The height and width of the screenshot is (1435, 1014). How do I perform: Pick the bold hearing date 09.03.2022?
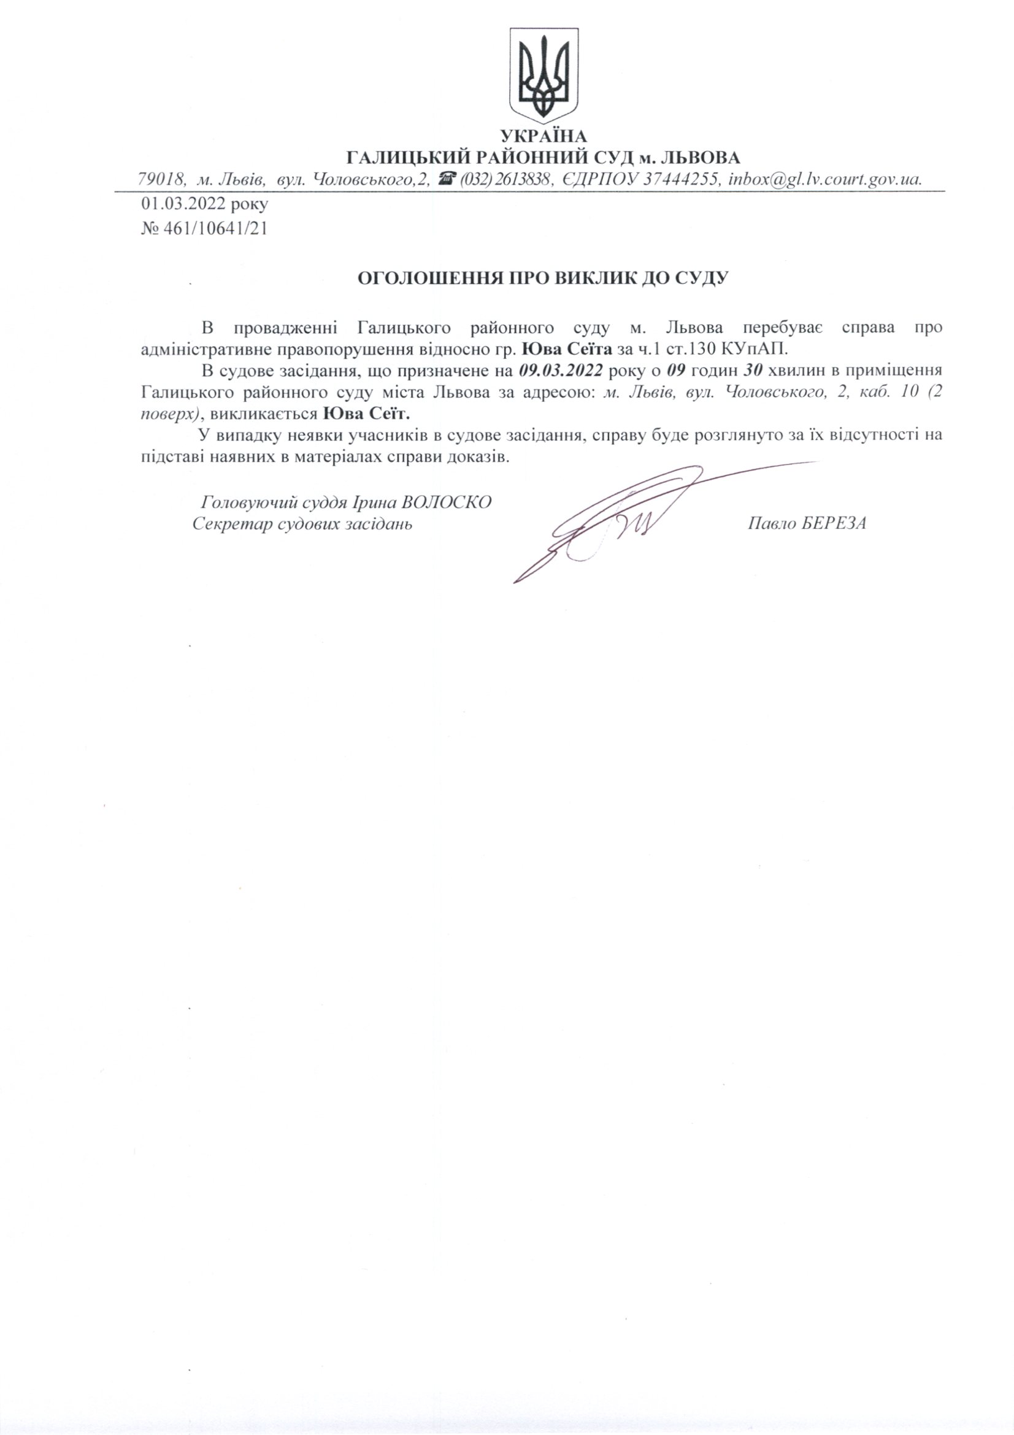pos(561,370)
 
